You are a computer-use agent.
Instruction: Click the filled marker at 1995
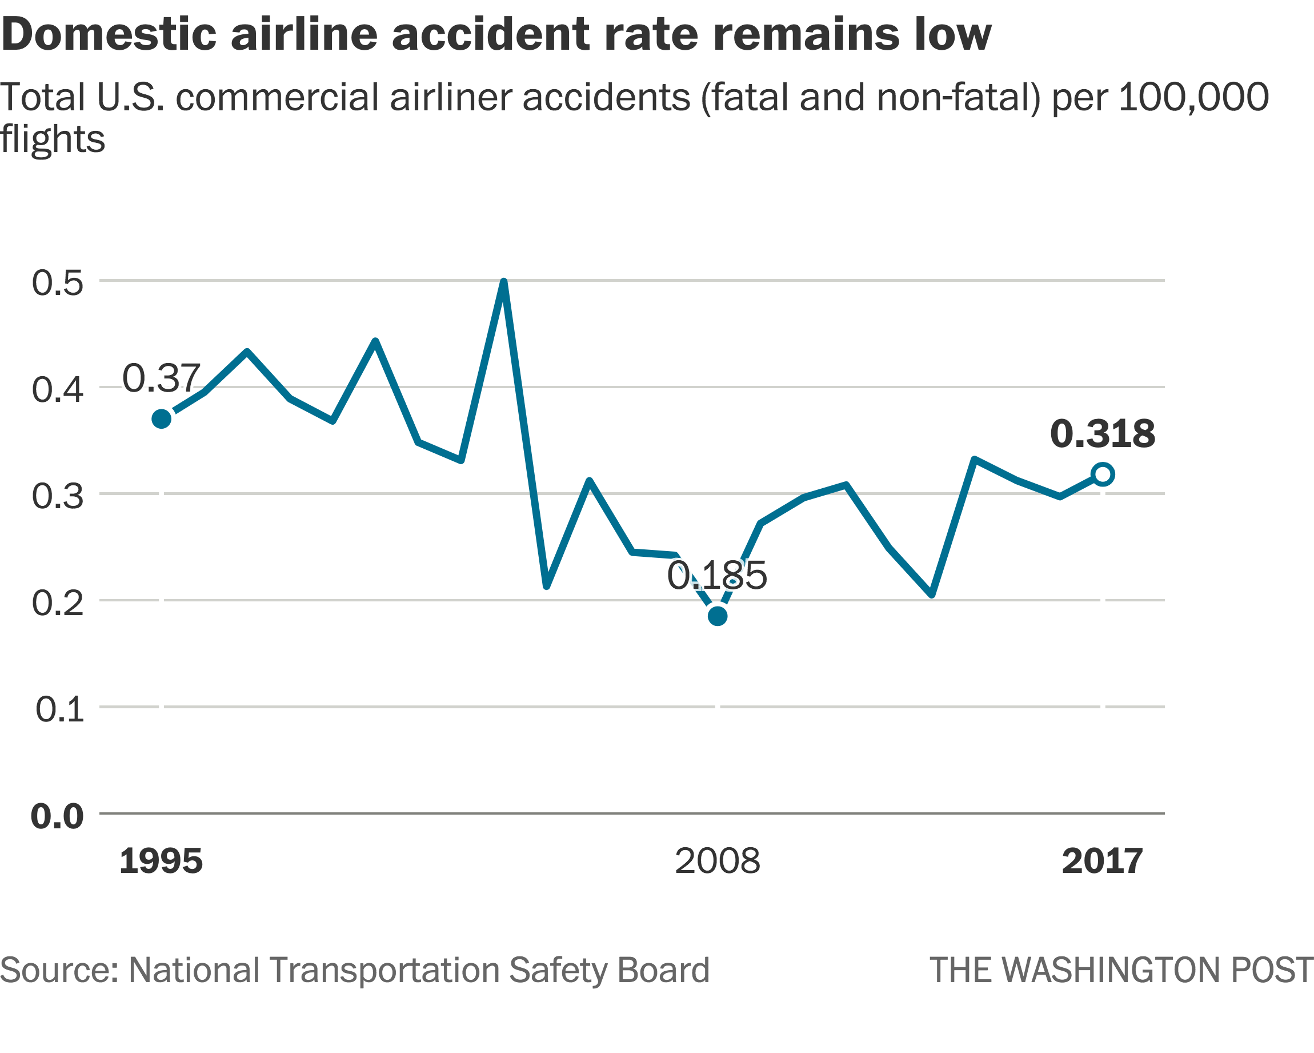162,419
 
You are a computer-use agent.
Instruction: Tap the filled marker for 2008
718,616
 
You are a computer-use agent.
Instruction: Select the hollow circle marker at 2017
1103,474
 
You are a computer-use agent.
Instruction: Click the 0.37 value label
161,378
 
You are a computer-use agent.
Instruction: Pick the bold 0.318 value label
1102,434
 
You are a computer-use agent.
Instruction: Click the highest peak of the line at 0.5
503,282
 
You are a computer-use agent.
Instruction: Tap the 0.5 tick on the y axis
58,283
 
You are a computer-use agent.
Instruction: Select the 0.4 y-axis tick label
58,390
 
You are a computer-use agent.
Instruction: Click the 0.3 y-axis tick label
58,496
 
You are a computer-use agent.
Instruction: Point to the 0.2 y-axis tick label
58,603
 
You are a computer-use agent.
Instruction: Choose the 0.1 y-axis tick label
60,709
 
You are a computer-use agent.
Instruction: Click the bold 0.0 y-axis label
57,816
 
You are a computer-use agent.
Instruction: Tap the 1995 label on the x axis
161,861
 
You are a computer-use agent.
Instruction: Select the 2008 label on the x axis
718,861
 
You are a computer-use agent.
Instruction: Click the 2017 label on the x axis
1102,861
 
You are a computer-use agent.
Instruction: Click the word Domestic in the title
109,34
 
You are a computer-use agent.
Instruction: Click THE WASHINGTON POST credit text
1121,970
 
